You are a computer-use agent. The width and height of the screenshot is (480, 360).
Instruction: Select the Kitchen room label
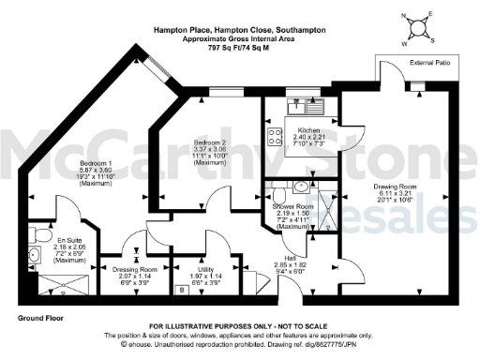309,130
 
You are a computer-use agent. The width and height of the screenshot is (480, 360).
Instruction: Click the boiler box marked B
182,290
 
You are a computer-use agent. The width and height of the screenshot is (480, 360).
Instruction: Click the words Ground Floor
39,319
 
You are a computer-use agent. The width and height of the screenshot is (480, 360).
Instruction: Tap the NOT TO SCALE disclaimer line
240,327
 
